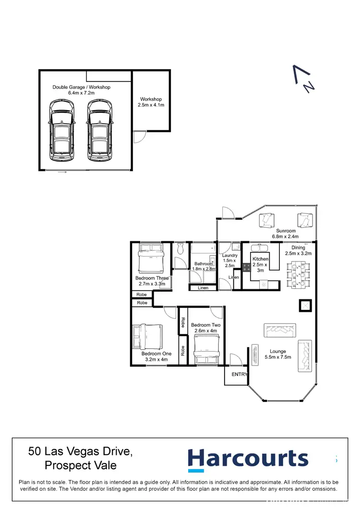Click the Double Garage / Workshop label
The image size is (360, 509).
point(82,90)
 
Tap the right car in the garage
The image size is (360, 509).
point(99,130)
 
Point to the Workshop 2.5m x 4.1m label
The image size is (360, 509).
point(151,102)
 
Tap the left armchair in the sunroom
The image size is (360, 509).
point(266,220)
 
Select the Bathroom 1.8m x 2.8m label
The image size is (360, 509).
point(204,266)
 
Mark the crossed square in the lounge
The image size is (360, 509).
point(305,306)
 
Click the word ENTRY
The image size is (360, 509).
point(240,375)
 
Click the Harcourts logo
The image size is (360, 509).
point(248,459)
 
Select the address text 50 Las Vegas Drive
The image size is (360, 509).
point(80,451)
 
